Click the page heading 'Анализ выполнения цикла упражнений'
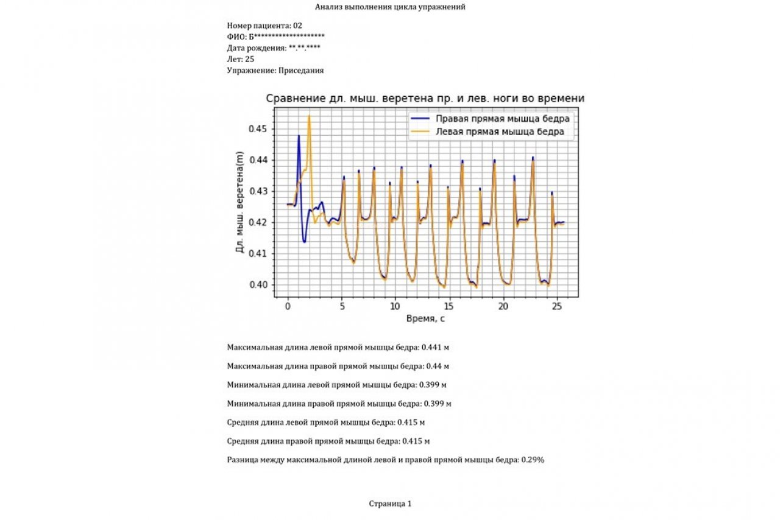390,7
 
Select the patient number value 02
297,26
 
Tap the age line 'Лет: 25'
241,59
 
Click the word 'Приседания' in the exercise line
301,70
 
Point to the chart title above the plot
424,99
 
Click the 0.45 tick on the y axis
258,129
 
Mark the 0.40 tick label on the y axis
258,284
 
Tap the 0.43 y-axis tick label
258,191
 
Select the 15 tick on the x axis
449,307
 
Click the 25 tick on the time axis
556,307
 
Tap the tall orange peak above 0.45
309,116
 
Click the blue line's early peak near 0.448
299,136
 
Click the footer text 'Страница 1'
390,504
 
